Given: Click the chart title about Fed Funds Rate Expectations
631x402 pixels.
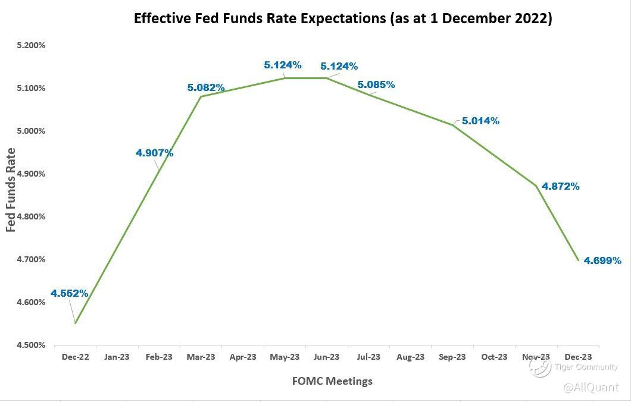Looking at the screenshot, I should pyautogui.click(x=343, y=18).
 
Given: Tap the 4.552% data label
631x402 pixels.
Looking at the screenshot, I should pyautogui.click(x=70, y=293).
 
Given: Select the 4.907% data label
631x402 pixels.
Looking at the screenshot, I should pyautogui.click(x=155, y=153).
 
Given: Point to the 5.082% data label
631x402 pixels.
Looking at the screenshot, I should pyautogui.click(x=206, y=88).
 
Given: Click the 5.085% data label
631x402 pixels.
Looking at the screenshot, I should pyautogui.click(x=376, y=84).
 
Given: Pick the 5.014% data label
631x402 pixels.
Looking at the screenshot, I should pyautogui.click(x=481, y=121).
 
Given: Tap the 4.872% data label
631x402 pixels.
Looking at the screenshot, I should pyautogui.click(x=561, y=186).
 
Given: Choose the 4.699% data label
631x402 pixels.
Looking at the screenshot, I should pyautogui.click(x=602, y=260).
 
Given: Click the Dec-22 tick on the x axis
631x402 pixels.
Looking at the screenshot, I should pyautogui.click(x=75, y=357).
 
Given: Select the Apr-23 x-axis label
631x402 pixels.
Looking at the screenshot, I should pyautogui.click(x=243, y=357).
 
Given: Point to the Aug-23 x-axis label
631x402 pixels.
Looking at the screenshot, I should pyautogui.click(x=411, y=357).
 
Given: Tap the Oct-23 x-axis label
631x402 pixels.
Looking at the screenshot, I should pyautogui.click(x=495, y=357).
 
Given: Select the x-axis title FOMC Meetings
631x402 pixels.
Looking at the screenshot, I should pyautogui.click(x=332, y=381).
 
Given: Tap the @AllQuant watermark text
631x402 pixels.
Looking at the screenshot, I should pyautogui.click(x=591, y=388).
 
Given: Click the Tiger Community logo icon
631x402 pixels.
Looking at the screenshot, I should pyautogui.click(x=540, y=367).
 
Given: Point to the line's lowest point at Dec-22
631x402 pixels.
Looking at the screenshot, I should pyautogui.click(x=76, y=323).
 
